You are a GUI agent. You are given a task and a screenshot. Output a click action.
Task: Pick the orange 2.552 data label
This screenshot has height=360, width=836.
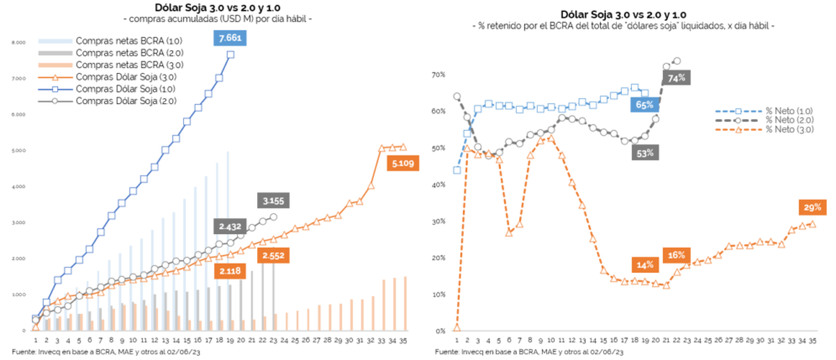275,256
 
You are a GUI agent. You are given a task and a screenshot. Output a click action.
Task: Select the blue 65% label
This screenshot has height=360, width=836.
644,105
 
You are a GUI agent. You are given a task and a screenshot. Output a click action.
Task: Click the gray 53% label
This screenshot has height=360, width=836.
645,153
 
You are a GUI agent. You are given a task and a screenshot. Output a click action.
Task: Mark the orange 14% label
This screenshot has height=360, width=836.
644,265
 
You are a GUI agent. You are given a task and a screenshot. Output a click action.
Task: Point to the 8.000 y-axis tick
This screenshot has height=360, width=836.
20,43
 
